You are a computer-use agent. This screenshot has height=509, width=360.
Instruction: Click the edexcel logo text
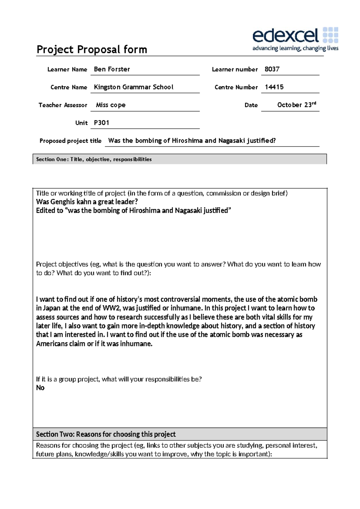tap(285, 36)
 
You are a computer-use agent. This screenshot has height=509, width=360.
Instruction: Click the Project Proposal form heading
tap(92, 50)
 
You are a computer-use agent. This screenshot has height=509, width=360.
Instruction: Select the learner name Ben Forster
tap(112, 69)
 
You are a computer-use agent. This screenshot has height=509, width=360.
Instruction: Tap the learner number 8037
tap(272, 69)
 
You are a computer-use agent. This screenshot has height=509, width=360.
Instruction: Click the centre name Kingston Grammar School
tap(133, 87)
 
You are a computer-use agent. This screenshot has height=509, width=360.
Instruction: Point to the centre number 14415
tap(274, 87)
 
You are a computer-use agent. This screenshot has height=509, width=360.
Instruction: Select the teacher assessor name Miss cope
tap(111, 105)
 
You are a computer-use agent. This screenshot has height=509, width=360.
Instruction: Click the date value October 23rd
tap(296, 105)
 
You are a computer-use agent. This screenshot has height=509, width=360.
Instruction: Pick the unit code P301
tap(101, 123)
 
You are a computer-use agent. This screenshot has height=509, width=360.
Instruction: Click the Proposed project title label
tap(70, 141)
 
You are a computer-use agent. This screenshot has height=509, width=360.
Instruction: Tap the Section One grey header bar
tap(179, 159)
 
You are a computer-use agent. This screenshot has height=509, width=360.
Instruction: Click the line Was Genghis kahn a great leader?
tap(87, 202)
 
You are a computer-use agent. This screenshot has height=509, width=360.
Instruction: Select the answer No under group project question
tap(40, 388)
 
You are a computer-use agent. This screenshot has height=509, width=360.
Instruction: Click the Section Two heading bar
tap(179, 434)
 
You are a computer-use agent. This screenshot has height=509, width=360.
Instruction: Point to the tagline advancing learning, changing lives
tap(295, 48)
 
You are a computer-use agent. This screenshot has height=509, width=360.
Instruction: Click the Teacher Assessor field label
tap(63, 105)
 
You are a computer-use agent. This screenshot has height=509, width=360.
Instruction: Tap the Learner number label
tap(235, 69)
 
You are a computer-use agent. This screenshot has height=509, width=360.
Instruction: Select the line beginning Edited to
tap(133, 211)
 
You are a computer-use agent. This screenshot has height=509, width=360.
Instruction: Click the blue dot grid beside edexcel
tap(330, 35)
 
